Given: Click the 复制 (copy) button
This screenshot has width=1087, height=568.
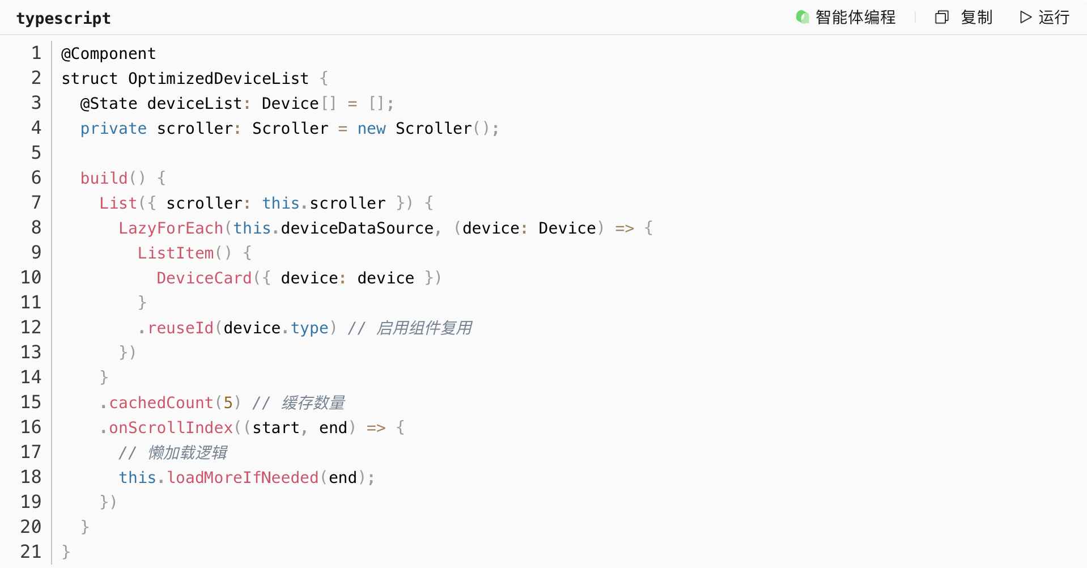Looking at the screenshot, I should click(x=964, y=18).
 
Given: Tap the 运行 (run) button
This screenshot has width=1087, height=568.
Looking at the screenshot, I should click(x=1044, y=18).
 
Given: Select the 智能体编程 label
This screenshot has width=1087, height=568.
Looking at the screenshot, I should click(x=846, y=18).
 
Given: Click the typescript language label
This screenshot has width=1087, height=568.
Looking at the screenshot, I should click(x=63, y=18).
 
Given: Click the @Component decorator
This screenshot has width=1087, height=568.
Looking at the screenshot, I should click(x=108, y=53).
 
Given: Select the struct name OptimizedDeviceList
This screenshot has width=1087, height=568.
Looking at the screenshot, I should click(x=218, y=78).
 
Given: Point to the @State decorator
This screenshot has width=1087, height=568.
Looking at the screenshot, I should click(x=109, y=103).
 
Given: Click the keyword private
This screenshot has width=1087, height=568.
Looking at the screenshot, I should click(x=113, y=129).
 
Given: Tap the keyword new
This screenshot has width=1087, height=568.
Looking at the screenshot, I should click(x=371, y=129).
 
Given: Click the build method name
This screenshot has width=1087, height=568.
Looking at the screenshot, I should click(x=104, y=178).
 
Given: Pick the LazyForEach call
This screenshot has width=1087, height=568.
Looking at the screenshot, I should click(x=171, y=228).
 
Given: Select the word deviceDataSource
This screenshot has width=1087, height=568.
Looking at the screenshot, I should click(x=357, y=228).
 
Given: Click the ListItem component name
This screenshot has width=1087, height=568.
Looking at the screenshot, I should click(x=176, y=253).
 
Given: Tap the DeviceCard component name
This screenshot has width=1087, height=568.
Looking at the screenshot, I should click(x=204, y=278).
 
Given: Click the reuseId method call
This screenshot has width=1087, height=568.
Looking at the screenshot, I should click(x=180, y=328).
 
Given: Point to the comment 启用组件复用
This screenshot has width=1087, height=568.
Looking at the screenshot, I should click(x=423, y=328).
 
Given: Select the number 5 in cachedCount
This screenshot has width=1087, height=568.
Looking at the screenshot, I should click(x=228, y=402).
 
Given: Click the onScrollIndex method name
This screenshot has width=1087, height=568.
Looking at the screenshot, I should click(x=171, y=427).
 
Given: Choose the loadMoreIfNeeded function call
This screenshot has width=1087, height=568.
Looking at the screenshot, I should click(x=243, y=477).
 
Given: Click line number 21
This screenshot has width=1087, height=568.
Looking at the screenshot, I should click(x=31, y=552).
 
